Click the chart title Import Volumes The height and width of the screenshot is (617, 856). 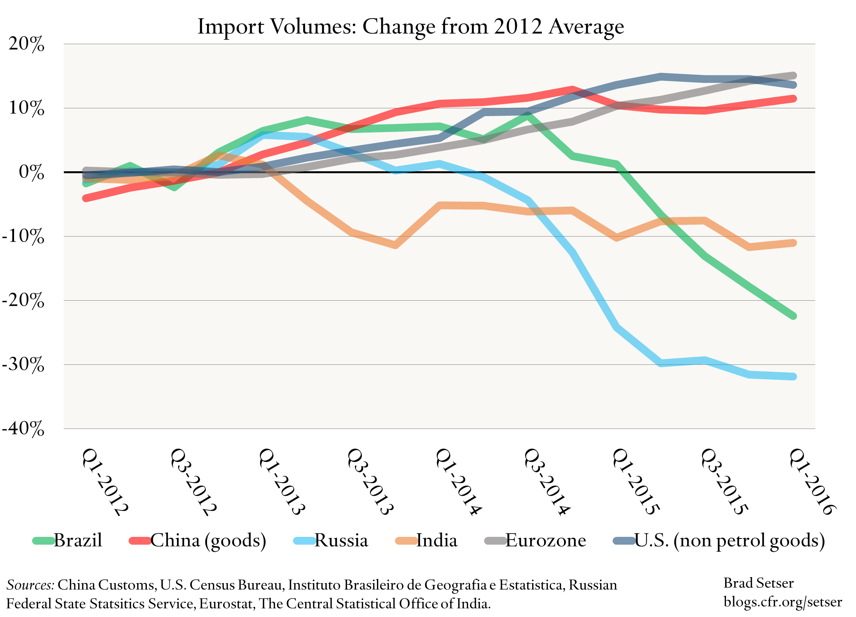[x=410, y=27]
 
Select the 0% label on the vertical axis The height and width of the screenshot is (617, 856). [x=31, y=172]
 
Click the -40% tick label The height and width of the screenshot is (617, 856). [x=23, y=429]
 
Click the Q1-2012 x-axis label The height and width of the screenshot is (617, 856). [x=105, y=482]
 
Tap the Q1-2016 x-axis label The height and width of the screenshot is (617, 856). [x=813, y=482]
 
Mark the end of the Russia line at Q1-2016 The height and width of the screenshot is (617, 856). [x=793, y=377]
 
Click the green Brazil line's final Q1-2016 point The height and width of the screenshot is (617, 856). [x=793, y=316]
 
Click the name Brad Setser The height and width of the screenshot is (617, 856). [x=758, y=583]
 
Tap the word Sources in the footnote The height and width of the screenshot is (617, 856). [x=30, y=585]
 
